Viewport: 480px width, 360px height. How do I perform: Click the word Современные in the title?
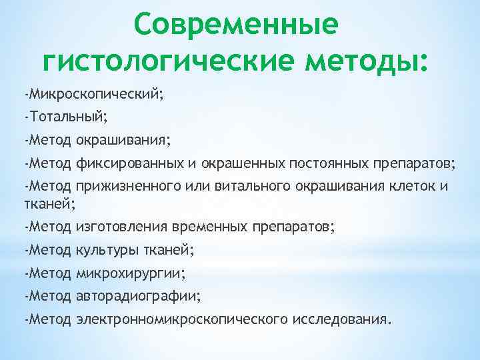(235, 25)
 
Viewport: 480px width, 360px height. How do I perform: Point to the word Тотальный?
(67, 117)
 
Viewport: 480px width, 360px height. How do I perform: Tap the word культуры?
(105, 250)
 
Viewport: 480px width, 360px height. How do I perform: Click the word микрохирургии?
(131, 273)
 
